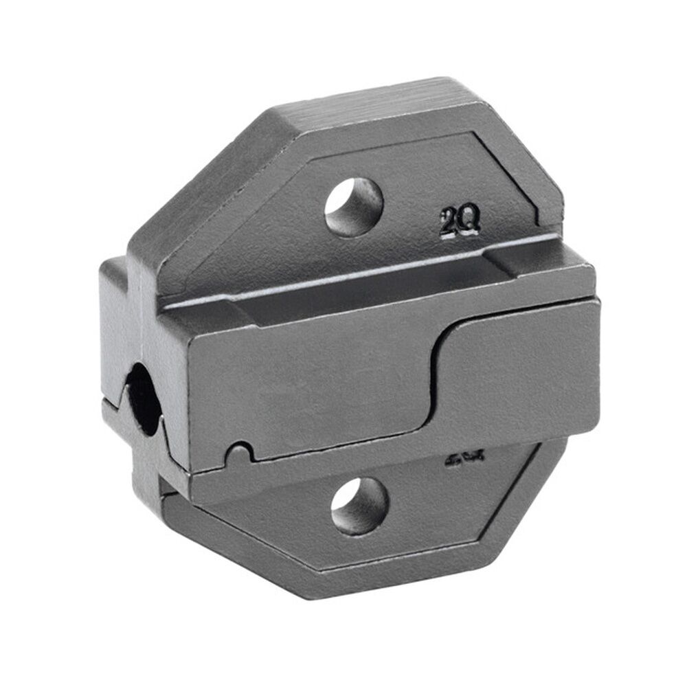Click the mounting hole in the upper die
(354, 207)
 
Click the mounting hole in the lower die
(360, 506)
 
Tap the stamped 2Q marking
(460, 223)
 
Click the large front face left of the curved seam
(309, 385)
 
